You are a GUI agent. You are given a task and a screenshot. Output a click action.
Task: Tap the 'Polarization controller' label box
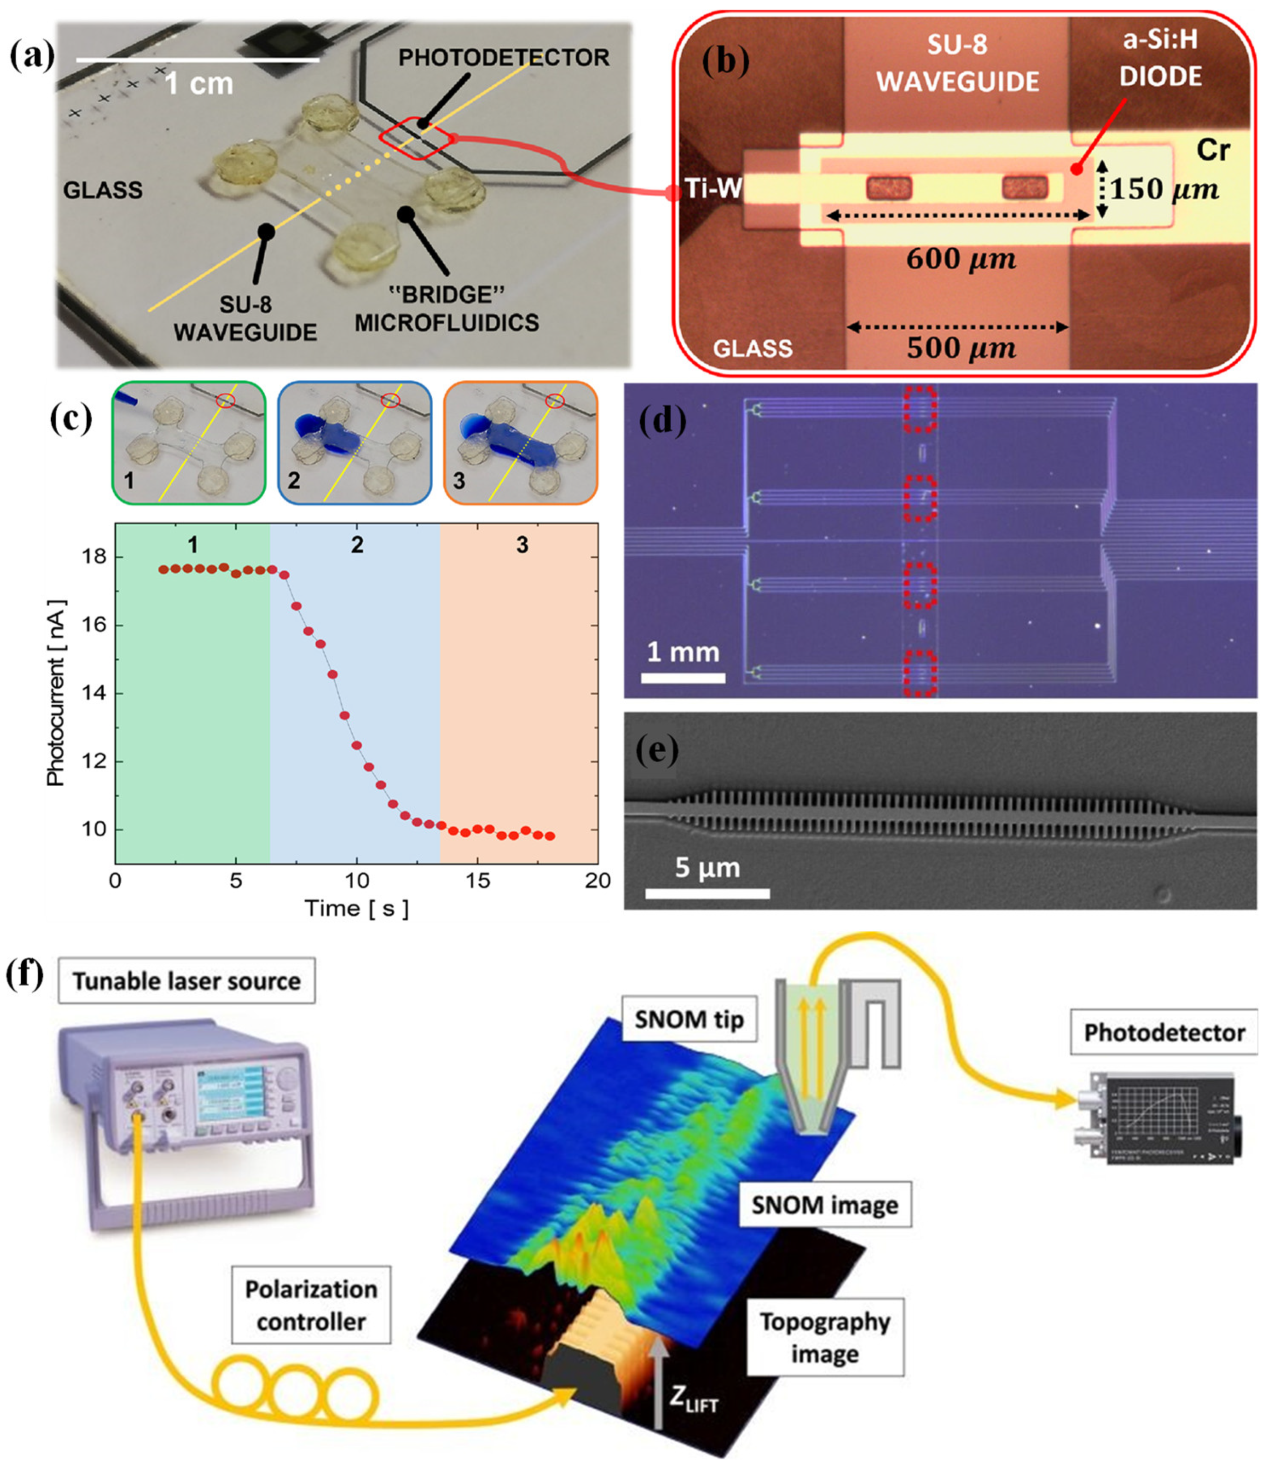coord(311,1305)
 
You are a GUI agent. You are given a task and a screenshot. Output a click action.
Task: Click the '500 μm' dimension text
coord(961,348)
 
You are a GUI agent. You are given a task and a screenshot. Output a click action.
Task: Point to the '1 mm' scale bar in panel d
coord(683,677)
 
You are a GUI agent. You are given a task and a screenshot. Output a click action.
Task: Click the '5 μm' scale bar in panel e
coord(707,893)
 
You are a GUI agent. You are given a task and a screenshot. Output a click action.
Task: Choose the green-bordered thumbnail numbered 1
coord(189,443)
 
